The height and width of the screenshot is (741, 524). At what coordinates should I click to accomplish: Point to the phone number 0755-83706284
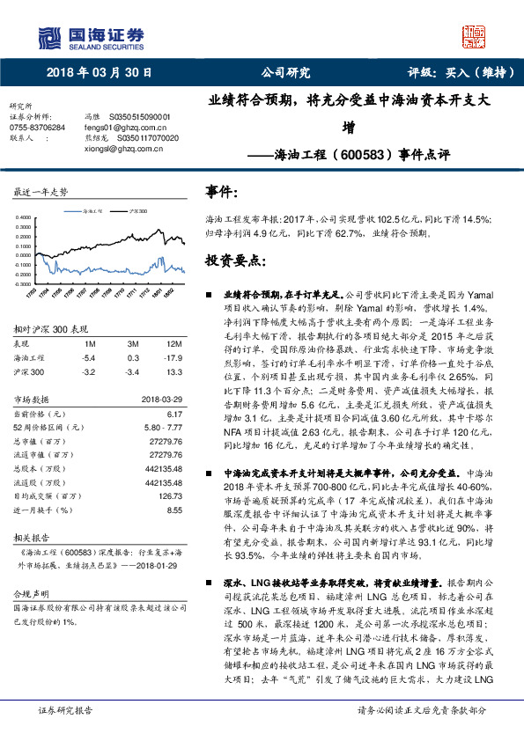36,128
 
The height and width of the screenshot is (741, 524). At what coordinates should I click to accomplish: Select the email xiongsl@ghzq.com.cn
122,149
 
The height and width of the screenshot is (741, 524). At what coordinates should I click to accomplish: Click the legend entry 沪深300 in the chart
137,212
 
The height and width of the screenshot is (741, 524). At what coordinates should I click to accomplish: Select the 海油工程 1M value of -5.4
88,358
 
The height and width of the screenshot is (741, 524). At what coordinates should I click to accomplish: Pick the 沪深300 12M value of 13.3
173,371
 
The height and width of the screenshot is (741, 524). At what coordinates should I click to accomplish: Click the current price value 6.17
173,413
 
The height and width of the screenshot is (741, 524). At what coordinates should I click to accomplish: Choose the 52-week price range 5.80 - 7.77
162,427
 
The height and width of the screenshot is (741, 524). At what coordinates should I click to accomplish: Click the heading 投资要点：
233,261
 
